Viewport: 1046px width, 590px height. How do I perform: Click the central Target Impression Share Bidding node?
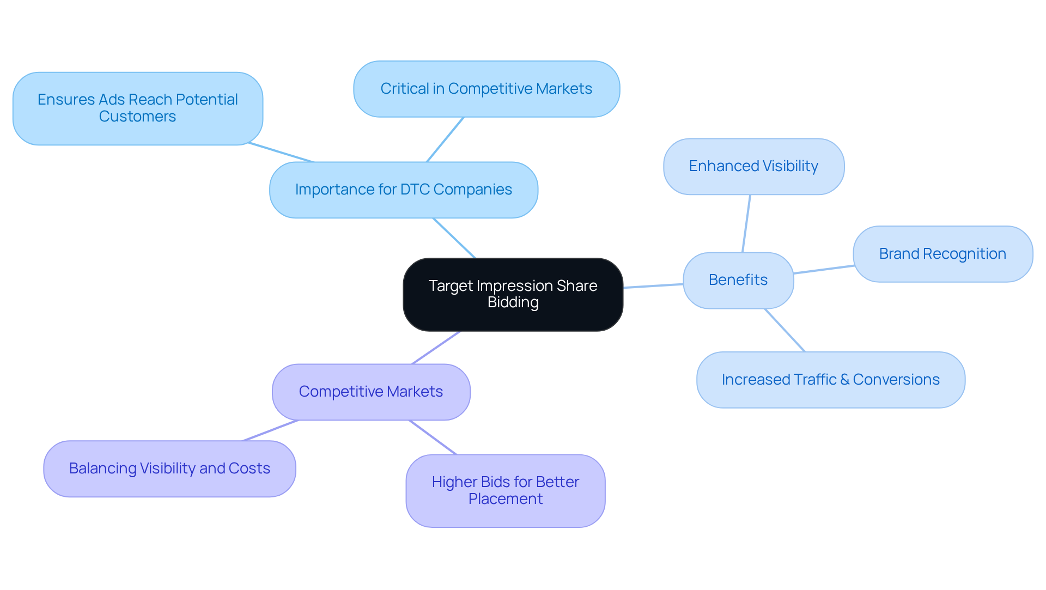tap(513, 294)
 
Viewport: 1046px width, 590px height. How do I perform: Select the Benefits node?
tap(738, 280)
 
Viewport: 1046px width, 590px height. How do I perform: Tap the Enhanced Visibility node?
tap(753, 166)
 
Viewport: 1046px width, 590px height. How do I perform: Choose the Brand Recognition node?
tap(942, 254)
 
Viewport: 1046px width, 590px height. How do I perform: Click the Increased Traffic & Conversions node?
tap(830, 380)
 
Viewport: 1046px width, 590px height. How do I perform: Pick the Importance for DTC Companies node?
tap(403, 190)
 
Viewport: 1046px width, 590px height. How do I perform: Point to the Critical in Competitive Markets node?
tap(486, 89)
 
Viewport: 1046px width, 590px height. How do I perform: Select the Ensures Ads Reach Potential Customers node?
tap(137, 108)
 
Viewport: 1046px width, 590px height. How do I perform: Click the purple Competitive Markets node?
tap(370, 392)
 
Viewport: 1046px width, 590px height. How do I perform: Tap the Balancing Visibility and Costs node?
tap(169, 469)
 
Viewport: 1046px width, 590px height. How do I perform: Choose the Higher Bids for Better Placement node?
tap(505, 490)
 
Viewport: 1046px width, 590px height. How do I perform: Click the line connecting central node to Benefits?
tap(653, 286)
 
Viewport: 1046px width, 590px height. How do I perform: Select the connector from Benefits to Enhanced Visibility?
tap(746, 223)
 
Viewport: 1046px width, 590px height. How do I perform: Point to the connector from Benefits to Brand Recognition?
tap(823, 270)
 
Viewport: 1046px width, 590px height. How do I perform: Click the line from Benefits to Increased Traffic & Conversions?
tap(784, 330)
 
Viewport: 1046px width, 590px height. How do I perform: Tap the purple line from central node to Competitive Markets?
tap(436, 348)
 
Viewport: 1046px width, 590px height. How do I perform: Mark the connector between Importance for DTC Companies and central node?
tap(454, 238)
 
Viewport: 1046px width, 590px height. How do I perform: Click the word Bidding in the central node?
tap(513, 302)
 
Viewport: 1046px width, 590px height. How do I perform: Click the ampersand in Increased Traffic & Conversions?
tap(844, 380)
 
